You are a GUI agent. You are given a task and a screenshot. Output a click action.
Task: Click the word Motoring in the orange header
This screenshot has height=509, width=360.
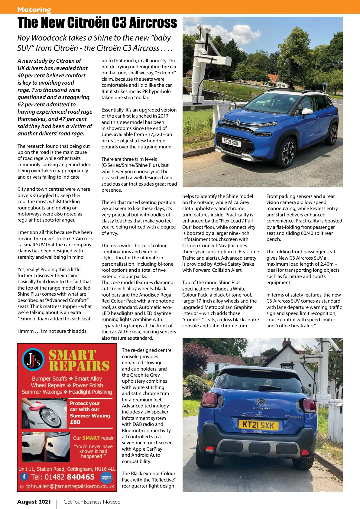click(x=34, y=10)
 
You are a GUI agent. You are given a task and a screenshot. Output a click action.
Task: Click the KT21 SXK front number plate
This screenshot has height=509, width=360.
click(x=231, y=142)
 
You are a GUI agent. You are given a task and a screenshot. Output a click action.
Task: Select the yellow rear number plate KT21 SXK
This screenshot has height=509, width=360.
click(x=258, y=425)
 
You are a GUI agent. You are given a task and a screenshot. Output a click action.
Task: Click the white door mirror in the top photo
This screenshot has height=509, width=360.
click(x=307, y=112)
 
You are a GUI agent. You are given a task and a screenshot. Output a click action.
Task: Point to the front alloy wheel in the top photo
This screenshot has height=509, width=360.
click(x=288, y=153)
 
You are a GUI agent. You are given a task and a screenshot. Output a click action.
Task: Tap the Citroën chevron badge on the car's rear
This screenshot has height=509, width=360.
click(x=261, y=402)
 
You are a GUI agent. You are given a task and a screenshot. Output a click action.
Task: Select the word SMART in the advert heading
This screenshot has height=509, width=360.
click(x=73, y=355)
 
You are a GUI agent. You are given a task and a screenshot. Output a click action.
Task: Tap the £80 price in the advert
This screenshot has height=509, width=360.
click(x=75, y=422)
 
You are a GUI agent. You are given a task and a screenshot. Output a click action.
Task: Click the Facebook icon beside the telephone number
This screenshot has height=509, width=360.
click(x=24, y=477)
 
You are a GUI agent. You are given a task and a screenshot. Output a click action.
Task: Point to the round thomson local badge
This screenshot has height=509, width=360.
click(x=106, y=477)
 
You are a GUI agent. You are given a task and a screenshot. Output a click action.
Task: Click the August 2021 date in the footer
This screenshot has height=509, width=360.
click(x=34, y=502)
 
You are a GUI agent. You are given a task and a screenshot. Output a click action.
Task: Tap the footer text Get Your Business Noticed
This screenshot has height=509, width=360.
click(x=92, y=502)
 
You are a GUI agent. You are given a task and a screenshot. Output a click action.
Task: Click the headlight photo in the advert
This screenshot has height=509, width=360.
click(x=44, y=413)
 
